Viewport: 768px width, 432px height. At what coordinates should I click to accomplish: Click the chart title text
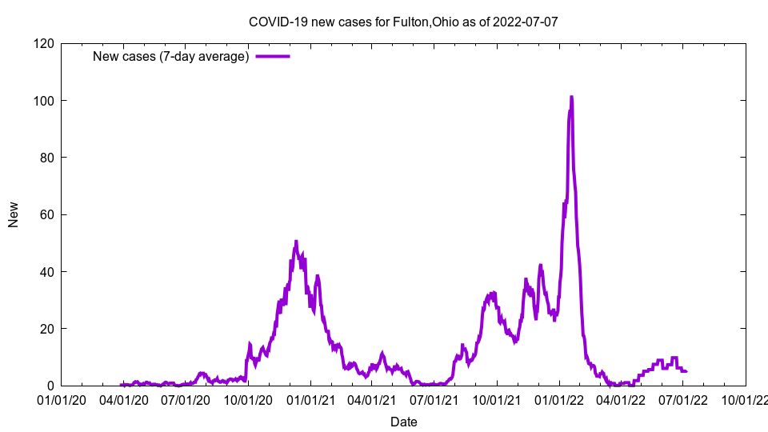click(x=403, y=22)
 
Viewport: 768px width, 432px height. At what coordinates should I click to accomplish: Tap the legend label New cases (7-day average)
click(x=171, y=56)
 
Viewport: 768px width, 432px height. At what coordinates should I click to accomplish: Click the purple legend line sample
click(x=272, y=56)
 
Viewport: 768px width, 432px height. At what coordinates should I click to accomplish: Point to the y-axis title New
click(x=14, y=214)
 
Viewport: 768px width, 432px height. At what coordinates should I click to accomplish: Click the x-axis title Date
click(x=403, y=421)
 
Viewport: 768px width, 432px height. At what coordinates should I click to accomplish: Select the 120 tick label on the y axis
click(x=44, y=43)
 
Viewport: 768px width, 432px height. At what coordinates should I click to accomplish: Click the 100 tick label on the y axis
click(x=44, y=100)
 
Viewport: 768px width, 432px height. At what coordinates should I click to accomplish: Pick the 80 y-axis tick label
click(x=47, y=158)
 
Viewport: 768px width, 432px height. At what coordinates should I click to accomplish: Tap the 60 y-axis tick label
click(x=47, y=214)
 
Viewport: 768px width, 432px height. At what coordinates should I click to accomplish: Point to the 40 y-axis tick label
click(x=47, y=272)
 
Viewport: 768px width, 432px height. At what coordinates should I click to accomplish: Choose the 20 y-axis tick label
click(x=47, y=329)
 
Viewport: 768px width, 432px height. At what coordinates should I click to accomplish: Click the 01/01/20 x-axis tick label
click(x=62, y=398)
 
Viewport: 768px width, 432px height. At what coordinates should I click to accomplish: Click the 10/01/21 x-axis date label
click(x=497, y=398)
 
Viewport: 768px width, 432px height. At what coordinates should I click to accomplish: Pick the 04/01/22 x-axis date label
click(x=621, y=398)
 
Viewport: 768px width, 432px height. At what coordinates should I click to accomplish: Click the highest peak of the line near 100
click(x=571, y=97)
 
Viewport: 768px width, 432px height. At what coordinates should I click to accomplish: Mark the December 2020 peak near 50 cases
click(x=296, y=242)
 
